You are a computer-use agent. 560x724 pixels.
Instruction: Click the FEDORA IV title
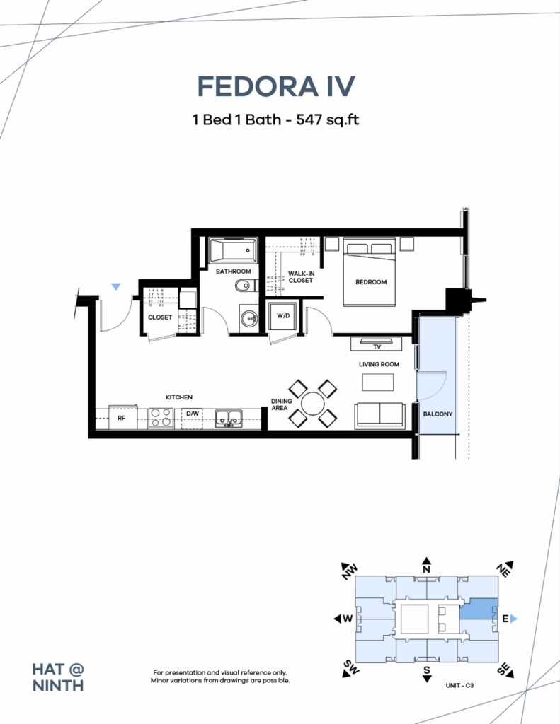(275, 86)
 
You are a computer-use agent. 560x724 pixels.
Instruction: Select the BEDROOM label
(371, 282)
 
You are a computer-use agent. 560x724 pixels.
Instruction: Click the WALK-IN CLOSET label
(301, 277)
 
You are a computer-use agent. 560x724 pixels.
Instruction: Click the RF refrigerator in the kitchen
(121, 418)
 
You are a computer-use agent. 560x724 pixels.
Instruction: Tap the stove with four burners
(161, 418)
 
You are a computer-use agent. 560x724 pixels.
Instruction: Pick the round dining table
(312, 404)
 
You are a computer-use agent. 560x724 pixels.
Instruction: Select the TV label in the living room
(377, 346)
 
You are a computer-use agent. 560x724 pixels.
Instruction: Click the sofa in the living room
(380, 414)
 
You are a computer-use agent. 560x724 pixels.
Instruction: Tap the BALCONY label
(438, 414)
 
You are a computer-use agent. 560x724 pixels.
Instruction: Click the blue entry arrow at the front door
(116, 286)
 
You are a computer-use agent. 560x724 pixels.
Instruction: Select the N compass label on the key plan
(426, 568)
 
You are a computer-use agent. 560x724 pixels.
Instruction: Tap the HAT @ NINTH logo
(58, 677)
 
